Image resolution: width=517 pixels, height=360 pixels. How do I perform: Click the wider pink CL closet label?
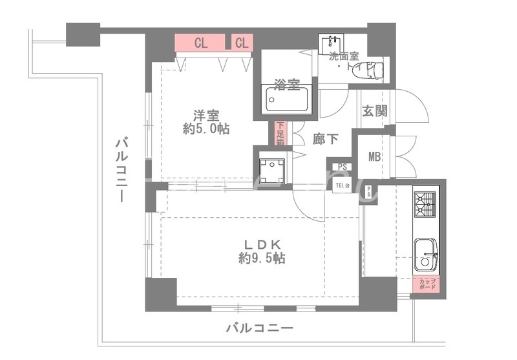point(200,43)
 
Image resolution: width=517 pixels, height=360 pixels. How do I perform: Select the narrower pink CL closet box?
point(242,43)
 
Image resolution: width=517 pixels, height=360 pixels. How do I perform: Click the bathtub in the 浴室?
point(288,100)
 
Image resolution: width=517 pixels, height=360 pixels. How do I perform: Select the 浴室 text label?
point(286,83)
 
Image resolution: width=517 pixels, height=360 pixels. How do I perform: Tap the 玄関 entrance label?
point(374,111)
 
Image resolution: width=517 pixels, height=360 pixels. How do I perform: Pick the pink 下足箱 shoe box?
point(280,133)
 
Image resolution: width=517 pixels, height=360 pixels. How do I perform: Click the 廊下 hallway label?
point(325,138)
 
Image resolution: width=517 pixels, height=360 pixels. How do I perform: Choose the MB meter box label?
point(374,156)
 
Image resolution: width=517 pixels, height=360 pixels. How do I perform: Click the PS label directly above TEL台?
point(343,167)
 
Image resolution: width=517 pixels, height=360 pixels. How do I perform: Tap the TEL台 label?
point(343,186)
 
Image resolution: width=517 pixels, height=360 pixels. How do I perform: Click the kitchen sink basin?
point(425,253)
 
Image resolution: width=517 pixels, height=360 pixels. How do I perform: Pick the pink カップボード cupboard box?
point(427,284)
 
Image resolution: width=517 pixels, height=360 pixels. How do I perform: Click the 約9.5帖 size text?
point(262,259)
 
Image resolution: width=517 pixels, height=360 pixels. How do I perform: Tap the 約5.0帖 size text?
point(206,129)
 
